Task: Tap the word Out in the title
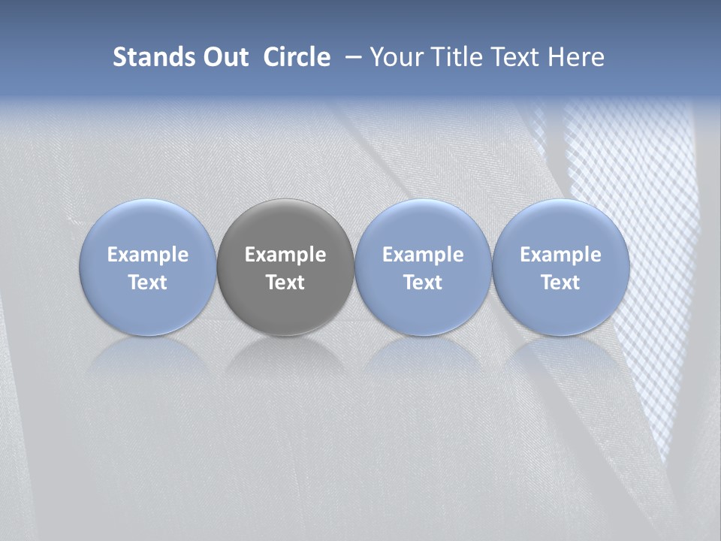coord(225,57)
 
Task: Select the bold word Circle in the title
coord(297,57)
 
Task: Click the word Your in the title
coord(395,57)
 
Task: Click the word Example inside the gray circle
coord(285,255)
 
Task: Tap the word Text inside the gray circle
coord(285,283)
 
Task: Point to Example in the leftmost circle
coord(148,255)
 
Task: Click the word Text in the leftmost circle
coord(148,283)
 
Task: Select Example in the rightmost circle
coord(560,255)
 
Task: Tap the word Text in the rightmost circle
coord(560,283)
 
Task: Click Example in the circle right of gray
coord(423,255)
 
